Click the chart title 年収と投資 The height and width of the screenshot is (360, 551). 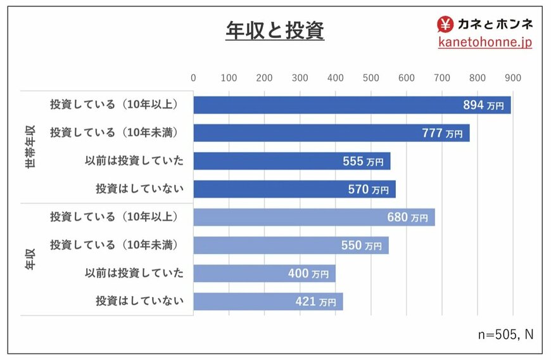click(275, 30)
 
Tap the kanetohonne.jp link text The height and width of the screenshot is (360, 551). click(485, 42)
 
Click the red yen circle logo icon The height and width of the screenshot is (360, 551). click(446, 24)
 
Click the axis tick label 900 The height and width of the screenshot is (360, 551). click(512, 78)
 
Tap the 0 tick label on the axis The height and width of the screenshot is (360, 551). click(193, 78)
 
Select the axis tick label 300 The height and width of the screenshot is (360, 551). click(300, 78)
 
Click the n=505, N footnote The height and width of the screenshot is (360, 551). click(504, 334)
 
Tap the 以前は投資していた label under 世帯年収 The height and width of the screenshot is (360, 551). click(134, 161)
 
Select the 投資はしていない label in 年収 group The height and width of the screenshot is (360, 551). click(139, 301)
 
